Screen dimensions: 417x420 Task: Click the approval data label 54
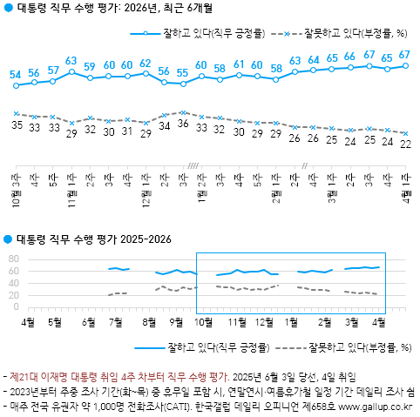[16, 76]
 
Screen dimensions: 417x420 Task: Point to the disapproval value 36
[182, 124]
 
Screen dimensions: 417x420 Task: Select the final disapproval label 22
[405, 145]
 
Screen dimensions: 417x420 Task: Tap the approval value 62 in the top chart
[145, 64]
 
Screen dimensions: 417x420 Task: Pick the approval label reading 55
[182, 73]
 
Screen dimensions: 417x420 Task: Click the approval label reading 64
[313, 59]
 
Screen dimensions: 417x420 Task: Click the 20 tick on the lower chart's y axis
[14, 296]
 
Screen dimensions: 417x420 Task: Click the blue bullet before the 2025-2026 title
[9, 239]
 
